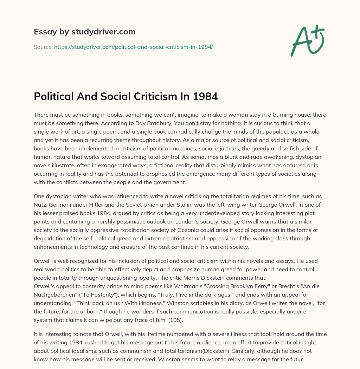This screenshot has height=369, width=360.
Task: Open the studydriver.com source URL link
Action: [x=133, y=46]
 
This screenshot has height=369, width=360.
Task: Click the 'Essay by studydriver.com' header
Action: [x=85, y=32]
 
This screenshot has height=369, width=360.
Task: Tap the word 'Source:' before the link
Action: [x=43, y=46]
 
